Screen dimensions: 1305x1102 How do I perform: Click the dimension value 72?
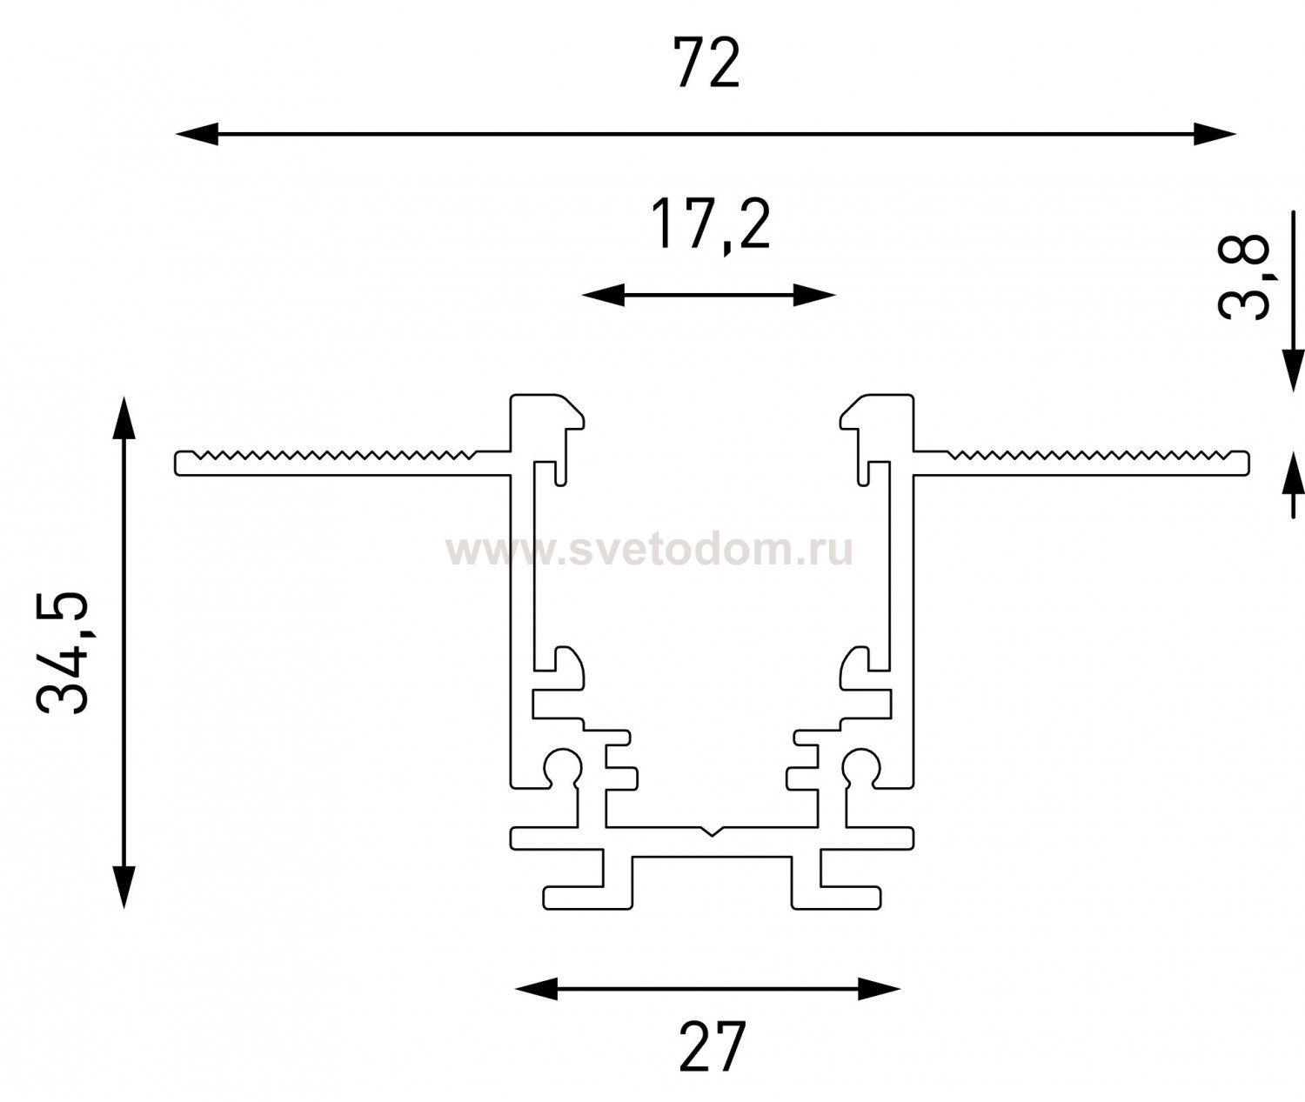tap(706, 63)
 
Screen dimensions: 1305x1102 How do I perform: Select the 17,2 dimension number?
tap(710, 225)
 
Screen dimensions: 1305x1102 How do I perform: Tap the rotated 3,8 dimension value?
tap(1244, 276)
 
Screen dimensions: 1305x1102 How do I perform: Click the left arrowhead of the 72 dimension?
tap(197, 134)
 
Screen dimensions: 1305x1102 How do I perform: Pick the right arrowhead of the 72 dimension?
tap(1215, 134)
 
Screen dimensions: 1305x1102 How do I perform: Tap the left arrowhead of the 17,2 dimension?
tap(603, 295)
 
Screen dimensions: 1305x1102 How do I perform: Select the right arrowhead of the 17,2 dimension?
tap(814, 295)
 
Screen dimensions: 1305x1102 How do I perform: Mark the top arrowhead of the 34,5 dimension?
tap(124, 417)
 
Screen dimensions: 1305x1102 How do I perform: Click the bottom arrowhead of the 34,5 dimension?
tap(124, 886)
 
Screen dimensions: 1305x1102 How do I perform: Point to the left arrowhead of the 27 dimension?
tap(536, 989)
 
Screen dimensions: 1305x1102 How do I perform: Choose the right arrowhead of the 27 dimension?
tap(879, 989)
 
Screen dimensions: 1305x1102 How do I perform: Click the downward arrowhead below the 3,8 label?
tap(1293, 371)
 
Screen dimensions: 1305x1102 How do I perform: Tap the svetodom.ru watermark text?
tap(650, 551)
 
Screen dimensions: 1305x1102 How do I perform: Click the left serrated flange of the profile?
tap(343, 463)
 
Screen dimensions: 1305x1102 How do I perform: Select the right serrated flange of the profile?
tap(1081, 463)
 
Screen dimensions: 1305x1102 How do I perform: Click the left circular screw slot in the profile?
tap(562, 764)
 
